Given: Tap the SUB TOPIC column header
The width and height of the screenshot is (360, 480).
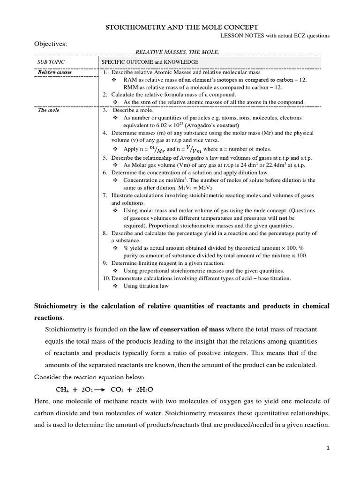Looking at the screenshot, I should tap(51, 62).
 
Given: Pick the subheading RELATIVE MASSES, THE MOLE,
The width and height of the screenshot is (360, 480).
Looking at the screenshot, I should tap(177, 52).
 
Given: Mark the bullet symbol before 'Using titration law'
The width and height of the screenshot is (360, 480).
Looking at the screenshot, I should tap(116, 286).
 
